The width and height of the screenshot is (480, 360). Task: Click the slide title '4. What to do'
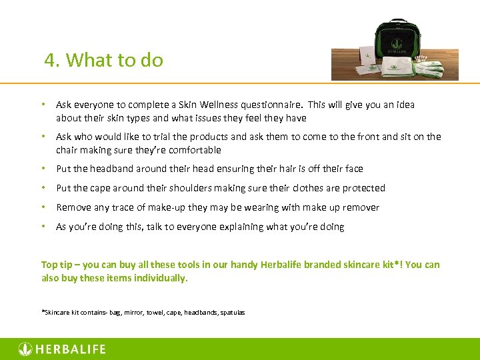[x=104, y=61]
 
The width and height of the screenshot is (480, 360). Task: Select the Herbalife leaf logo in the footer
[x=25, y=349]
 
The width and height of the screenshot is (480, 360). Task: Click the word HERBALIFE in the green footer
[x=71, y=349]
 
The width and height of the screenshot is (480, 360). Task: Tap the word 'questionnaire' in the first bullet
[x=271, y=105]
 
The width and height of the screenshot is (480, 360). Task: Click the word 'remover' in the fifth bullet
[x=361, y=207]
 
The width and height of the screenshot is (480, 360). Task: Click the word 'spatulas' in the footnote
[x=232, y=312]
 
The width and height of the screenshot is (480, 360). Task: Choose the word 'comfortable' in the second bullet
[x=193, y=150]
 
